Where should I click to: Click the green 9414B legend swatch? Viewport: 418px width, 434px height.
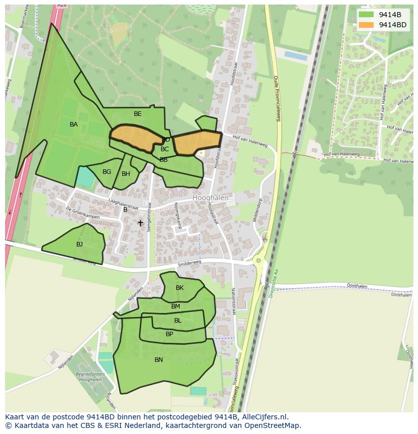[367, 15]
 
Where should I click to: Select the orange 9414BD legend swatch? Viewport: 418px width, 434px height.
[367, 25]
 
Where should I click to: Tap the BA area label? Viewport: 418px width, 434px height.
[74, 125]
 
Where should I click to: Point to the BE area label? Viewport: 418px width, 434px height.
[138, 114]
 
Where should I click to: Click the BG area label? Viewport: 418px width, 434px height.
[107, 172]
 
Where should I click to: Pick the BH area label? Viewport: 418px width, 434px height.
[126, 174]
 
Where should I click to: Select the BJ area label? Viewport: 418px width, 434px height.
[79, 244]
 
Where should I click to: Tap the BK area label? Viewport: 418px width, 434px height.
[180, 288]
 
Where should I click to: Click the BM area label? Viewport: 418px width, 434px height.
[175, 306]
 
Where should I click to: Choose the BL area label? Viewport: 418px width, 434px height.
[178, 321]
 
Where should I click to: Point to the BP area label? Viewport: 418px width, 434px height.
[169, 334]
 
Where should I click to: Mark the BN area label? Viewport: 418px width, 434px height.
[159, 360]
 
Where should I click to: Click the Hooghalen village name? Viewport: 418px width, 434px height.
[210, 198]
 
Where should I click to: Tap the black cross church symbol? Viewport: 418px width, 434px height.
[140, 223]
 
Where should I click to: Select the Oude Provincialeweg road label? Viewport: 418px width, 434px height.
[276, 98]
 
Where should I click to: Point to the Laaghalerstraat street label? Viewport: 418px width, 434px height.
[123, 204]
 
